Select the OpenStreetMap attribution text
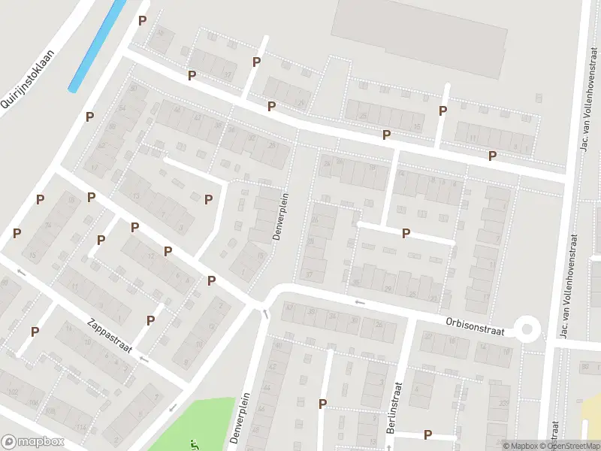point(575,446)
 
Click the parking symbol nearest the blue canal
point(142,21)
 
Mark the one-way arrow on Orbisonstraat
point(359,302)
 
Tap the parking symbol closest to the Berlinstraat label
point(427,434)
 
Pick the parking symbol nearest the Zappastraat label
point(150,320)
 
